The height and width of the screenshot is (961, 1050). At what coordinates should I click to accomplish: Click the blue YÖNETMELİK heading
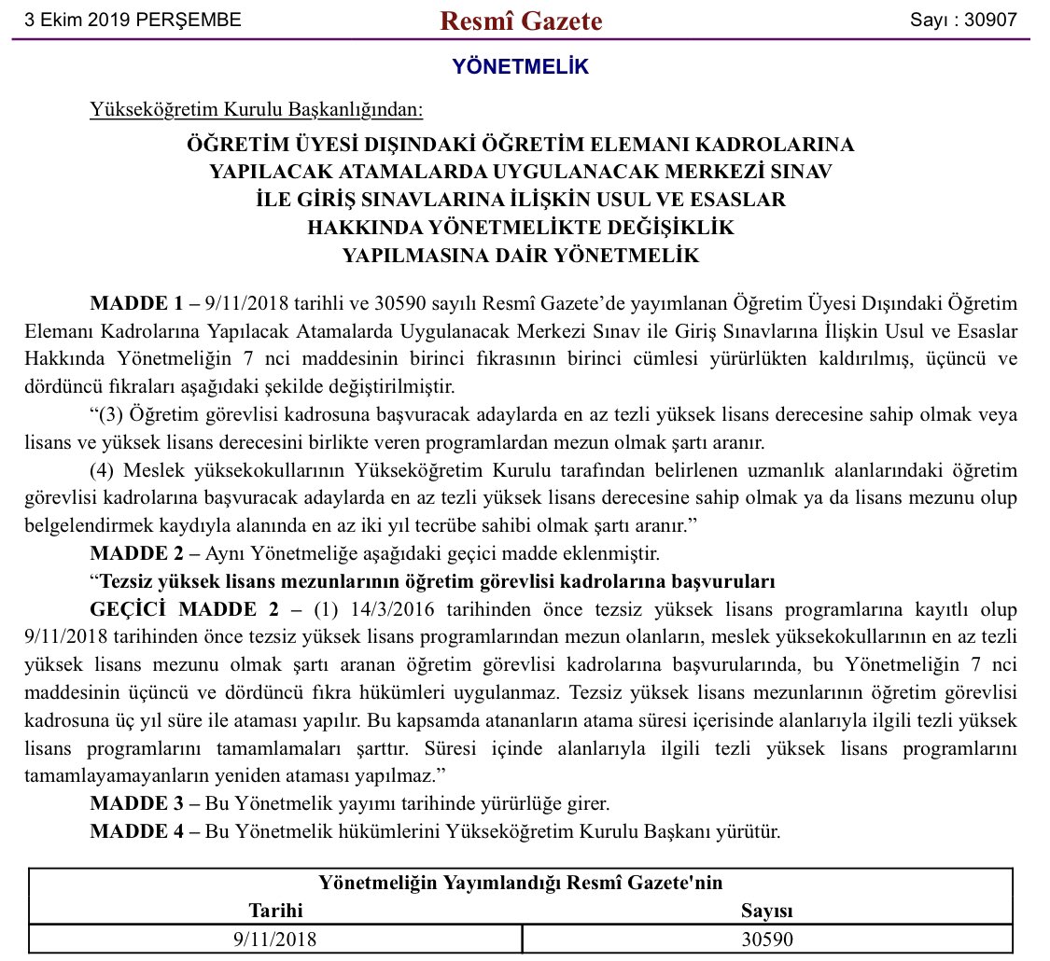click(x=521, y=66)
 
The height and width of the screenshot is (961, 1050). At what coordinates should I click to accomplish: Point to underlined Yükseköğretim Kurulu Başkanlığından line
click(x=256, y=111)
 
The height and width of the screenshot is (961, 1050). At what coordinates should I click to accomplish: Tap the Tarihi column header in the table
click(x=276, y=911)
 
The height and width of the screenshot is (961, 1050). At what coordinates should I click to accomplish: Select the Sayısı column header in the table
click(x=767, y=911)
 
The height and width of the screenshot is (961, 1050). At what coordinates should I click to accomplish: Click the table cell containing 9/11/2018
click(x=276, y=939)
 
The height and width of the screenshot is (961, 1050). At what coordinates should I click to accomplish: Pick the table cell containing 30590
click(x=767, y=939)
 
